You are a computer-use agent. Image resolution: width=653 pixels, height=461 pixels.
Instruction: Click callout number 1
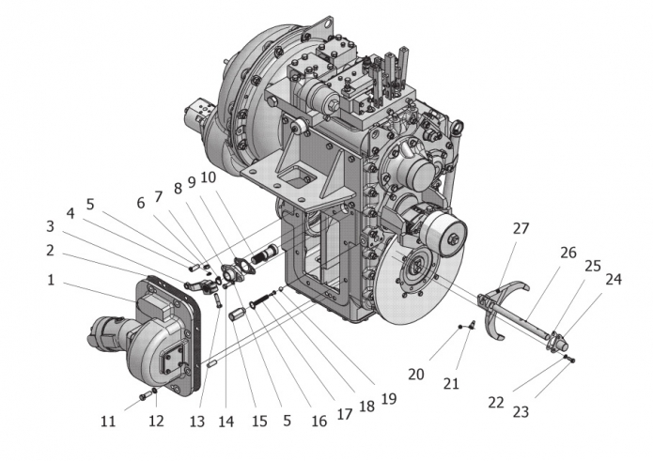pos(51,280)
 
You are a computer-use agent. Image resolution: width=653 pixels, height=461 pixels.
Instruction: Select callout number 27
pos(521,228)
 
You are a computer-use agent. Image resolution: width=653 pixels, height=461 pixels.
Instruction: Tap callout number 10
pos(209,177)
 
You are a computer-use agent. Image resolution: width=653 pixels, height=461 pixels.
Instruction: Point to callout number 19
pos(389,399)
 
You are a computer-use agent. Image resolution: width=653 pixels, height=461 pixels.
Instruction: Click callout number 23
pos(521,412)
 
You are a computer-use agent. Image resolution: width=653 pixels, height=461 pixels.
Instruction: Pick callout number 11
pos(108,422)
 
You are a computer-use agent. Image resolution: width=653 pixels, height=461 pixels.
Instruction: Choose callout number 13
pos(197,422)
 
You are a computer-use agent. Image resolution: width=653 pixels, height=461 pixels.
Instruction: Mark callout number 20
pos(415,375)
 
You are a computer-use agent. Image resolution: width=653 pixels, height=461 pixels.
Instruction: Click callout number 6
pos(141,203)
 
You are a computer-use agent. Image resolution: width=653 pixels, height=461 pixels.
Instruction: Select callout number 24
pos(614,280)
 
